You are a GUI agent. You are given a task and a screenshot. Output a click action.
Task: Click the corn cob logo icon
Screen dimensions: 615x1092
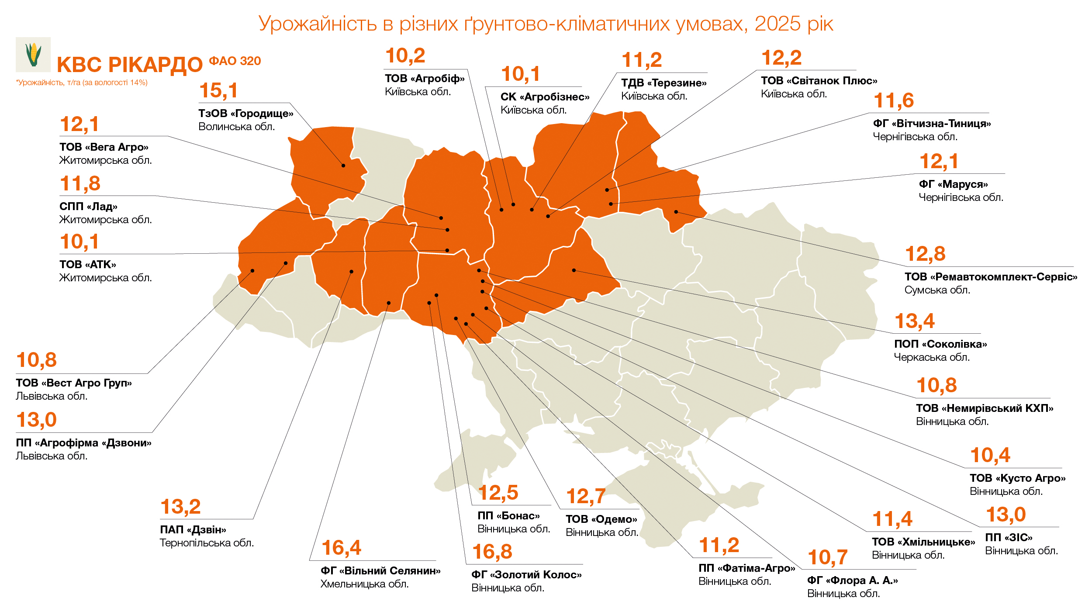coord(33,55)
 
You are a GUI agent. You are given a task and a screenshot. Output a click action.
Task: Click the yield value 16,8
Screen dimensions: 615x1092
coord(492,552)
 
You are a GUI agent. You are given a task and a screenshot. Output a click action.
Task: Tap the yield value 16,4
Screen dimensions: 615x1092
coord(341,548)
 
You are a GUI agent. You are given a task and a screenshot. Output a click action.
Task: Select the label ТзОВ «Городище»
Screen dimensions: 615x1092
coord(245,114)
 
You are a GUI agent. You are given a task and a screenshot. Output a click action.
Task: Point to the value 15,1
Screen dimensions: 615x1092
coord(218,90)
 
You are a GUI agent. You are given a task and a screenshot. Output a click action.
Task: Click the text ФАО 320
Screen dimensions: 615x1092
coord(235,61)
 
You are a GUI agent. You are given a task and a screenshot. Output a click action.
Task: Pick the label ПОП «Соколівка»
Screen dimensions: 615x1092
coord(940,344)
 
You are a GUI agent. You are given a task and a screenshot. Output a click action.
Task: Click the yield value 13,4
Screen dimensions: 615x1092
coord(914,321)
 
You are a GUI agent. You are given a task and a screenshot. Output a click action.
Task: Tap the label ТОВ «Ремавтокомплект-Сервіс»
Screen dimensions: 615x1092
coord(990,277)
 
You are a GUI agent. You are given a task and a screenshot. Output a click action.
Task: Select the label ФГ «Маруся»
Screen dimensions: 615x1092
coord(953,184)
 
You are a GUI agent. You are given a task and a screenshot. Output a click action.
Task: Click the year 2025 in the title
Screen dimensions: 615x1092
coord(777,24)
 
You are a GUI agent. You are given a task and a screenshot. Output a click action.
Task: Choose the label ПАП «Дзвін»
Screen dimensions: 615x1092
coord(193,530)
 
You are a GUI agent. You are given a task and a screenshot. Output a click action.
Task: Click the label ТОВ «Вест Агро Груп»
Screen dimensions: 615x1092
coord(73,383)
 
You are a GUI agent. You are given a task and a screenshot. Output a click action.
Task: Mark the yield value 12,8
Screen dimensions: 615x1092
coord(925,254)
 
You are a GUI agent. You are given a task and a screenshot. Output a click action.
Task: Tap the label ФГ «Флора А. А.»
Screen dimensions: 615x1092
coord(852,580)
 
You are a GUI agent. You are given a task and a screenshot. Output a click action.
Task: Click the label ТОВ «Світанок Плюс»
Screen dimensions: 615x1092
coord(819,81)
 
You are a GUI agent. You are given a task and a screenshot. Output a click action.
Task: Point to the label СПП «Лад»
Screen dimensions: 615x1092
coord(88,207)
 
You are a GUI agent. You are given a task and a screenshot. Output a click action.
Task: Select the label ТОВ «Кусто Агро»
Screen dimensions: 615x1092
coord(1017,478)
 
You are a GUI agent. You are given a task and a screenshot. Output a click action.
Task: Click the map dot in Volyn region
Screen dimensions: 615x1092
coord(343,166)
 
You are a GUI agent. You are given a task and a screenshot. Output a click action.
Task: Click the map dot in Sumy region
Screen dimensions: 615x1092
coord(676,212)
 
